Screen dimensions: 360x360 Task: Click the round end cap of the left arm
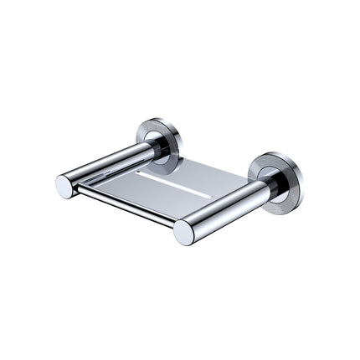point(65,186)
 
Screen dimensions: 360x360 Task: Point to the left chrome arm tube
point(109,163)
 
